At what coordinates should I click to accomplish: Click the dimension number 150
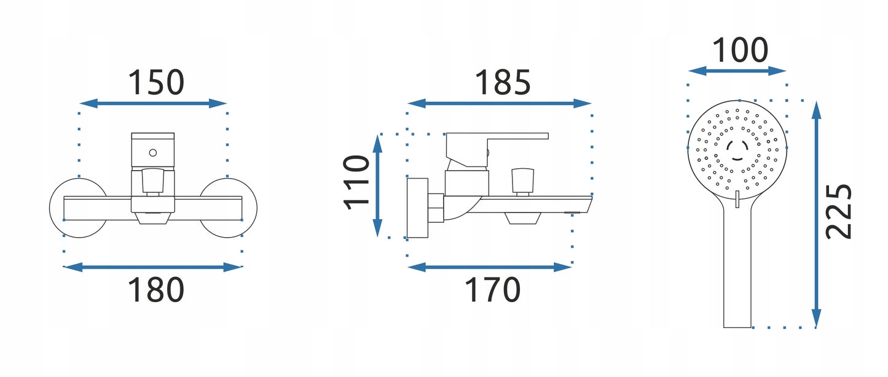pyautogui.click(x=156, y=82)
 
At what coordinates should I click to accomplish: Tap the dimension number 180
pyautogui.click(x=156, y=290)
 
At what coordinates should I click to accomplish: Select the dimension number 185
pyautogui.click(x=502, y=82)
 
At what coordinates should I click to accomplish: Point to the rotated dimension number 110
pyautogui.click(x=356, y=182)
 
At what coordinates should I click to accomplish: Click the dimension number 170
pyautogui.click(x=492, y=290)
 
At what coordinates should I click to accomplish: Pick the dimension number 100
pyautogui.click(x=740, y=50)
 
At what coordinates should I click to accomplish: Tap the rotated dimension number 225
pyautogui.click(x=838, y=212)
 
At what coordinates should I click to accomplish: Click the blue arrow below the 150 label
pyautogui.click(x=153, y=104)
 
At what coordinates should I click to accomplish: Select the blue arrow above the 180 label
pyautogui.click(x=153, y=267)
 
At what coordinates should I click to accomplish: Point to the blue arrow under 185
pyautogui.click(x=500, y=104)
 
